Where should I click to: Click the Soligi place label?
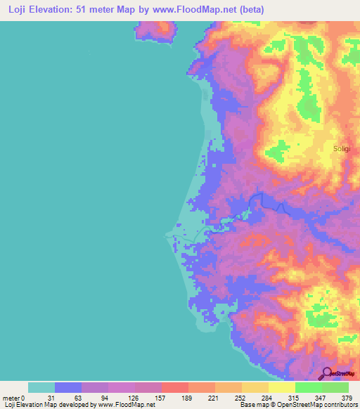pyautogui.click(x=342, y=149)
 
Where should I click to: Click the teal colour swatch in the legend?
pyautogui.click(x=41, y=387)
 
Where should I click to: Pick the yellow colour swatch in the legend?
pyautogui.click(x=282, y=387)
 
